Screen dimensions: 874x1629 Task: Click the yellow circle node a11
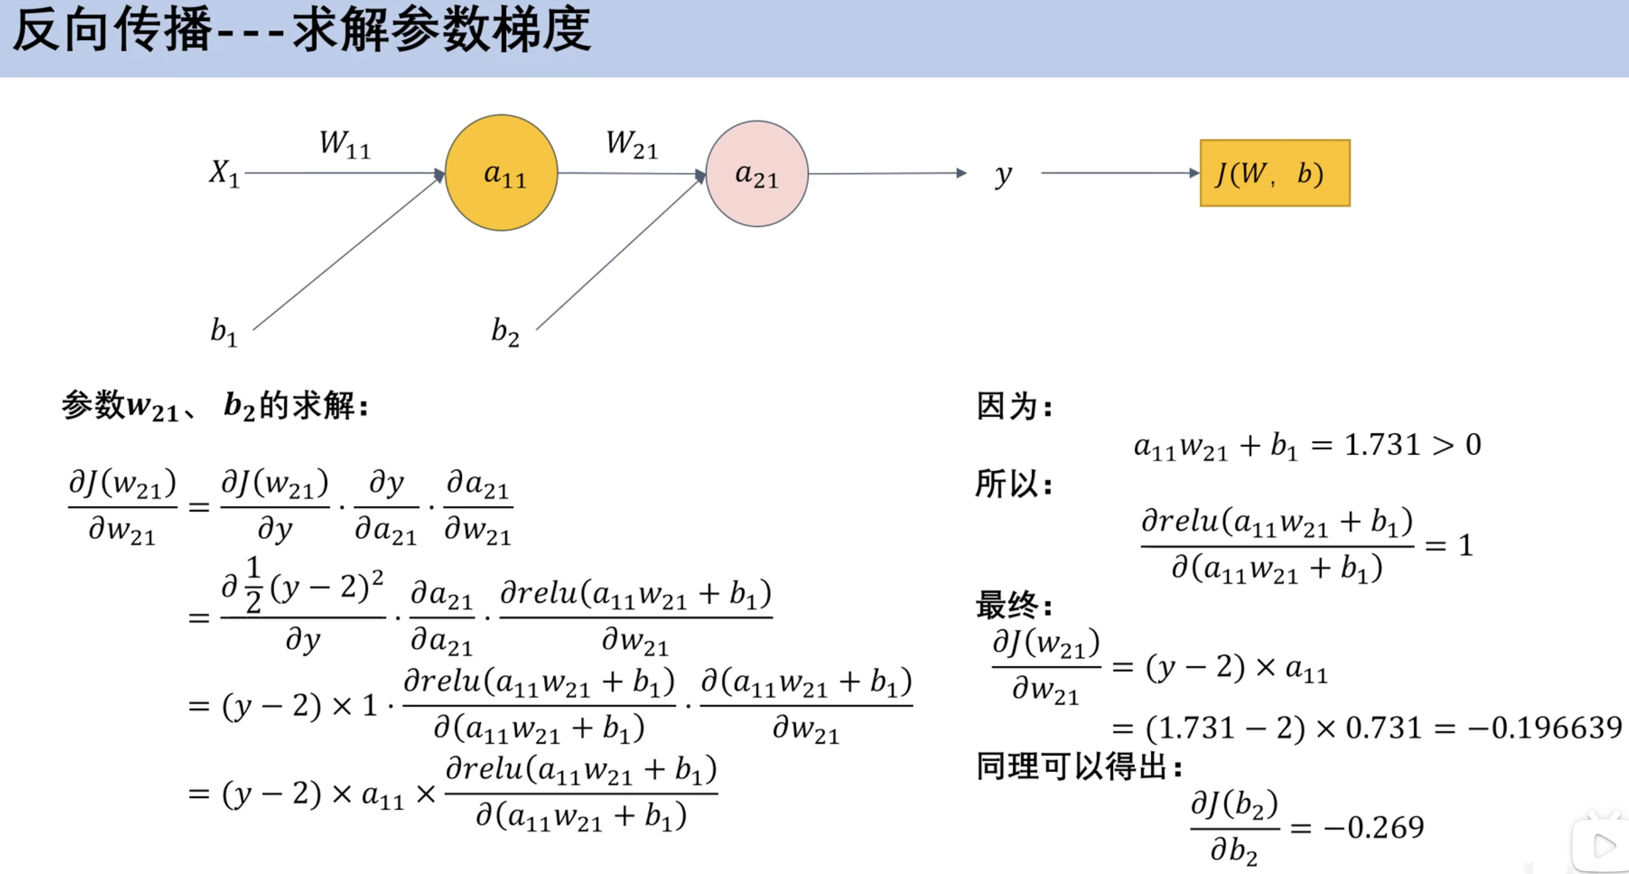[501, 173]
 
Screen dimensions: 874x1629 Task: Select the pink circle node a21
[757, 174]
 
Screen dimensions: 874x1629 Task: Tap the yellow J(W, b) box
[1274, 173]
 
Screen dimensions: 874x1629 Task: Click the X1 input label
[225, 173]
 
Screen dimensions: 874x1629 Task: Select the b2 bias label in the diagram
[505, 332]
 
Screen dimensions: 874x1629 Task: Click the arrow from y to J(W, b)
[1119, 173]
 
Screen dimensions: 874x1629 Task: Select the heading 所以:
[1014, 484]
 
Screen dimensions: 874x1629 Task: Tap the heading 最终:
[1014, 604]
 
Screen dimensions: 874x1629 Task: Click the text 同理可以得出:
[1079, 767]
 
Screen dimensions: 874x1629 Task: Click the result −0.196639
[1543, 728]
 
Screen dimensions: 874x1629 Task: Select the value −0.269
[1374, 827]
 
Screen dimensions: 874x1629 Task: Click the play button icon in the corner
[1603, 846]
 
